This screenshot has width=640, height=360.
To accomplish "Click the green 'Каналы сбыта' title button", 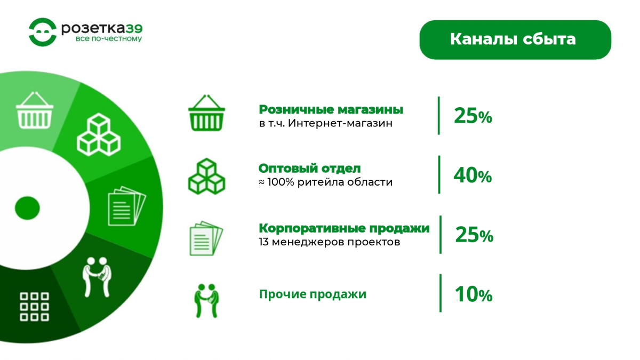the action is [515, 39].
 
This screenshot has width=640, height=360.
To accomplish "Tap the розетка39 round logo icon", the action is [43, 32].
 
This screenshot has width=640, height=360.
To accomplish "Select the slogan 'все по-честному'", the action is [109, 39].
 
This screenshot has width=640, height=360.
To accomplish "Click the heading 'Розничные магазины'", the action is [331, 109].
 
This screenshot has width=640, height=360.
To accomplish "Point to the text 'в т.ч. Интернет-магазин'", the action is [326, 123].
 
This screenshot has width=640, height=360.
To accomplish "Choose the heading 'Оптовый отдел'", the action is [309, 169].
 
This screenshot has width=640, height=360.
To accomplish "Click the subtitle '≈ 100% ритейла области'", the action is [325, 182].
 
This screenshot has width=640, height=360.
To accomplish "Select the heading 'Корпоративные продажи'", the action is [344, 228].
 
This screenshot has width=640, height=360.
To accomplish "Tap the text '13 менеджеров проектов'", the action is [330, 242].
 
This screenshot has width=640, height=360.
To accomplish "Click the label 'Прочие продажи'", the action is [313, 294].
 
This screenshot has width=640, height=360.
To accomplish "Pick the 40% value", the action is [473, 175].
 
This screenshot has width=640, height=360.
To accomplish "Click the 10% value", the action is [474, 294].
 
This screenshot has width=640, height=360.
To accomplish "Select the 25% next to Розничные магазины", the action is [473, 116].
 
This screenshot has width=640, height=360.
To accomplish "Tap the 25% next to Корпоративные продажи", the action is [474, 235].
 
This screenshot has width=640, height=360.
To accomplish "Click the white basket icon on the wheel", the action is [35, 110].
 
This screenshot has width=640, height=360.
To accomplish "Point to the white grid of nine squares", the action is [34, 307].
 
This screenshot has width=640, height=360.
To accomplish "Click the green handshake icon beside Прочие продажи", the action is [206, 301].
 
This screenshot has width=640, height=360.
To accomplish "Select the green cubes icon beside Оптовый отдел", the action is [206, 177].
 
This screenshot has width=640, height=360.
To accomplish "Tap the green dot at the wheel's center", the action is [27, 208].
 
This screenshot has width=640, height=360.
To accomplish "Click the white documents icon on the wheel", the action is [127, 206].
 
